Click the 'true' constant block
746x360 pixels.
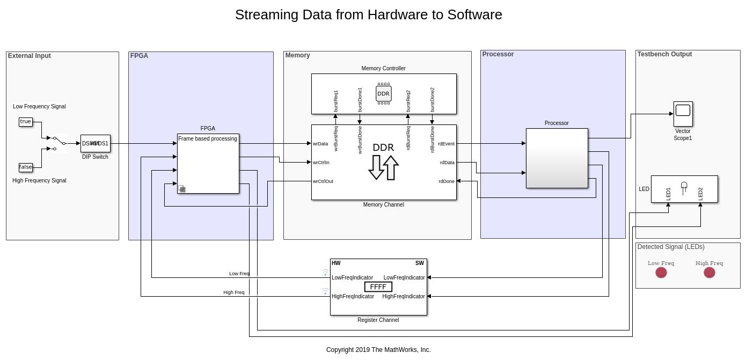pyautogui.click(x=26, y=122)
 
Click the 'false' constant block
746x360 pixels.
pyautogui.click(x=26, y=167)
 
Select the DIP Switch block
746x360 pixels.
pyautogui.click(x=96, y=143)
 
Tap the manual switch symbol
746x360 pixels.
pyautogui.click(x=58, y=143)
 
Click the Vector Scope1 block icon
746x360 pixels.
pyautogui.click(x=683, y=114)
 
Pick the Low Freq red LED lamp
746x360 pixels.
pyautogui.click(x=661, y=273)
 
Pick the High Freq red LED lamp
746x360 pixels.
pyautogui.click(x=710, y=273)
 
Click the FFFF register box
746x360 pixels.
pyautogui.click(x=378, y=287)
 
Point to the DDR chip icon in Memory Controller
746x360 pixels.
pyautogui.click(x=384, y=93)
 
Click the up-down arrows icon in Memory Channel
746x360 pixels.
pyautogui.click(x=383, y=167)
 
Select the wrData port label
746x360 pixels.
pyautogui.click(x=320, y=144)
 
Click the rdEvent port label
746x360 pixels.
pyautogui.click(x=446, y=144)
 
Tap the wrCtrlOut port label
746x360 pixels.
pyautogui.click(x=323, y=181)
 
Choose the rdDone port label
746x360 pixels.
pyautogui.click(x=447, y=181)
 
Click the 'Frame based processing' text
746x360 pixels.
pyautogui.click(x=208, y=139)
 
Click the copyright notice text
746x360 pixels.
pyautogui.click(x=378, y=350)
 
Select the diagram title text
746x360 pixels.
pyautogui.click(x=369, y=15)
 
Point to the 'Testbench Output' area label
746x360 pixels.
pyautogui.click(x=664, y=54)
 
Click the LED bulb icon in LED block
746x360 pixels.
pyautogui.click(x=684, y=187)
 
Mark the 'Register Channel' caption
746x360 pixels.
pyautogui.click(x=378, y=320)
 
